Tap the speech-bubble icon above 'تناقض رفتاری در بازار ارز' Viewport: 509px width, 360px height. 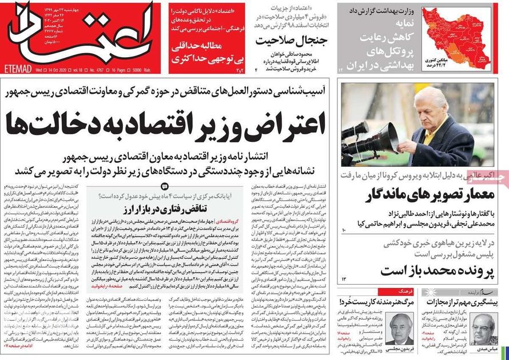tap(164, 186)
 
